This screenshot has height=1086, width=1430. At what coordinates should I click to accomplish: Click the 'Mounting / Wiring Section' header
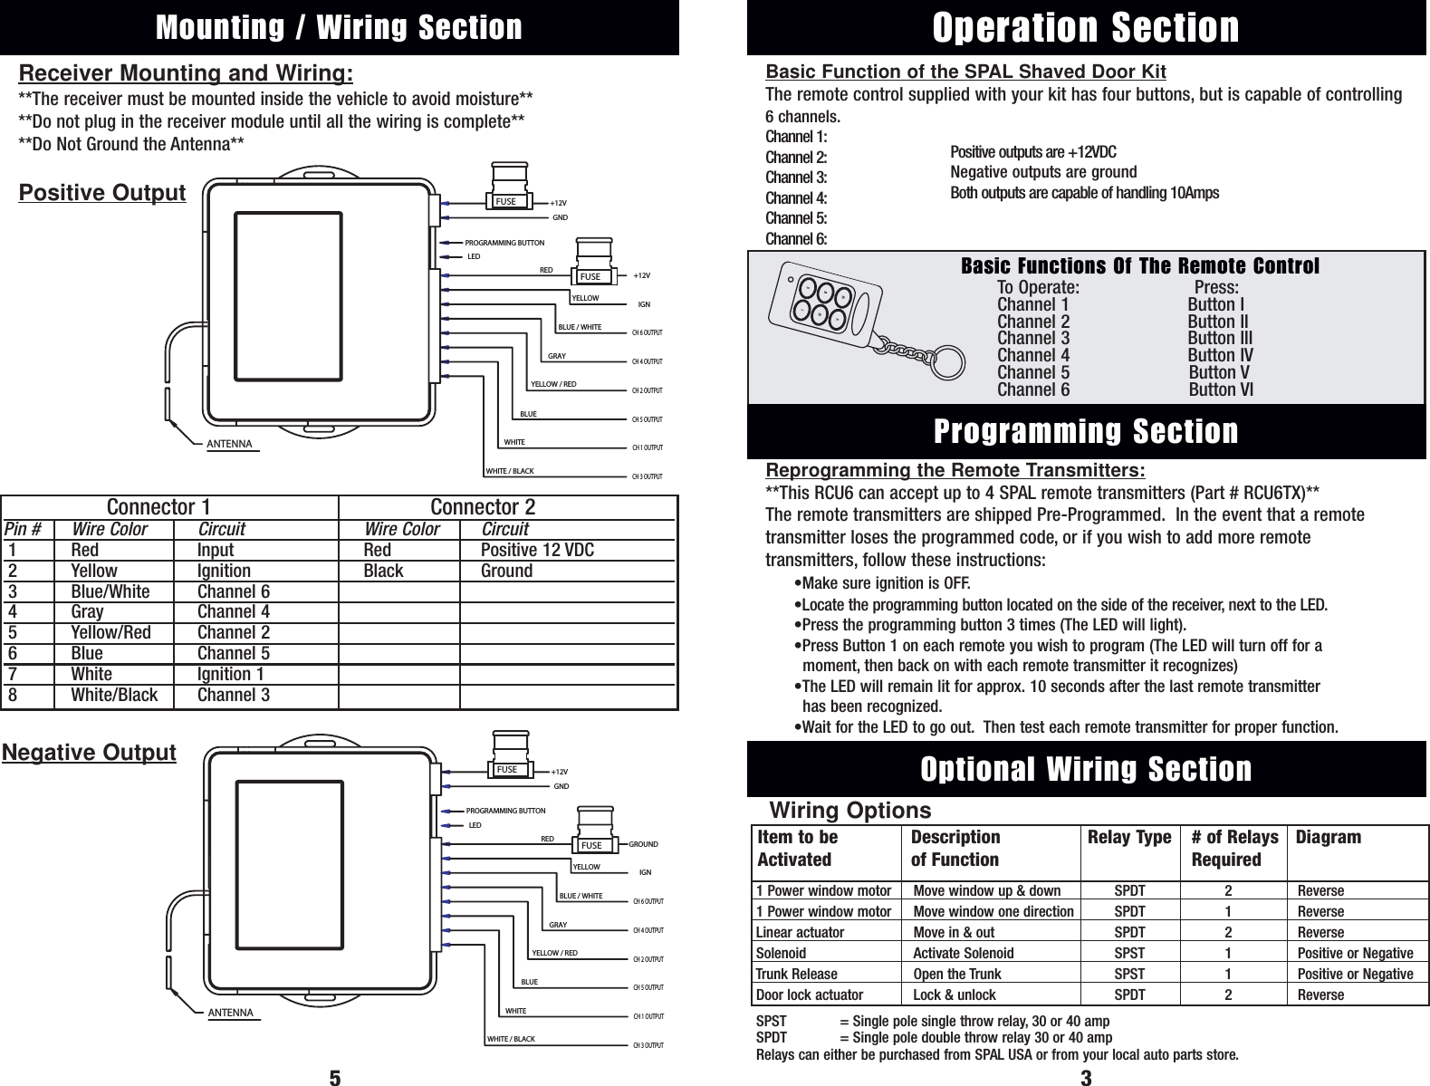339,27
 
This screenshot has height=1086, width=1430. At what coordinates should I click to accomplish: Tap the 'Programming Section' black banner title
1085,431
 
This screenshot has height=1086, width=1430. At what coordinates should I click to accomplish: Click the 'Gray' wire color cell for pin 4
87,612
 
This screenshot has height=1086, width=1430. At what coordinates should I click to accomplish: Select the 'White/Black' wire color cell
114,696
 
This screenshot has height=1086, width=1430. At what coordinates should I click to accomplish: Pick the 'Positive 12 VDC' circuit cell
537,551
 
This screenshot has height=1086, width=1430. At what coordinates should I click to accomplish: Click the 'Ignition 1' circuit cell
231,675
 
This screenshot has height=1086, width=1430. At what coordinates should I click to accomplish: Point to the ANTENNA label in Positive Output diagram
230,445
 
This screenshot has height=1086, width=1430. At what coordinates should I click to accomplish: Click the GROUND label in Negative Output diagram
643,844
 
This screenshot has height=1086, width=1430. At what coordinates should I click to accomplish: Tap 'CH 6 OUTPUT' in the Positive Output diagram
647,333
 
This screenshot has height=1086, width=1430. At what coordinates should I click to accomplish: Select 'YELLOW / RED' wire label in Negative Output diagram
554,954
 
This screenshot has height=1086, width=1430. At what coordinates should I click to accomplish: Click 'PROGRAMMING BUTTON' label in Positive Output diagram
504,244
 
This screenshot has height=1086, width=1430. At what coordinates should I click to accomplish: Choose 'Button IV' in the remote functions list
1220,356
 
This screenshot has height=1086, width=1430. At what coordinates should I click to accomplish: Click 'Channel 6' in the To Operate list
1032,390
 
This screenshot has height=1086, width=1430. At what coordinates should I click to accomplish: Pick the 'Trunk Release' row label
796,975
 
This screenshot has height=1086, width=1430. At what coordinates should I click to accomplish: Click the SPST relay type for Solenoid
1128,954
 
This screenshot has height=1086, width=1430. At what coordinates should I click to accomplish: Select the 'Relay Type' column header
1128,838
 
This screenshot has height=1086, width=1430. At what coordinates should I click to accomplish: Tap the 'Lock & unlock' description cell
954,995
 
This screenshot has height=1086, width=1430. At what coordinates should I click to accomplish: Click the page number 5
334,1078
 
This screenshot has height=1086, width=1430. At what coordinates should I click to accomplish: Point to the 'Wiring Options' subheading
849,810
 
